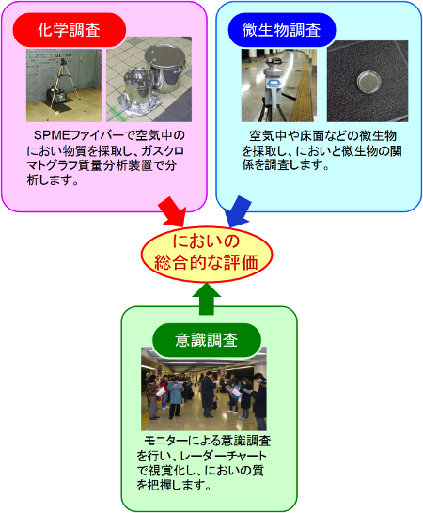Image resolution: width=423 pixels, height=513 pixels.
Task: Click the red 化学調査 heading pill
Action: click(69, 30)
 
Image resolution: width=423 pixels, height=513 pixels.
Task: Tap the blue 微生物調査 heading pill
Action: click(282, 30)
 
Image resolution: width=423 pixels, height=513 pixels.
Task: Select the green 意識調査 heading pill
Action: click(207, 340)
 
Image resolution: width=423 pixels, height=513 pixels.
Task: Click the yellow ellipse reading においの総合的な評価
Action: click(207, 254)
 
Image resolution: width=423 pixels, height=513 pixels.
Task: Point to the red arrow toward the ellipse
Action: click(172, 212)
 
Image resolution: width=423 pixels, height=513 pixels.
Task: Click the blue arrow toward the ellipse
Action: click(238, 212)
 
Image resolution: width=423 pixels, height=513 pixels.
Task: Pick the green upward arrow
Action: click(207, 299)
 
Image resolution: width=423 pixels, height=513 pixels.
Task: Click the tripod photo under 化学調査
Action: click(64, 85)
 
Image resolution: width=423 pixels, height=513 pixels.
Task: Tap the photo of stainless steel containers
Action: click(149, 80)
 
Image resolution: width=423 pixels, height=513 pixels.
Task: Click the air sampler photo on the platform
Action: click(279, 85)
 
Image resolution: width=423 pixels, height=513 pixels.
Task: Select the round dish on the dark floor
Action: click(369, 81)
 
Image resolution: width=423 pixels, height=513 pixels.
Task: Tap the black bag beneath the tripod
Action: click(57, 95)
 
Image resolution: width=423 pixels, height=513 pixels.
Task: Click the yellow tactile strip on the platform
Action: click(303, 88)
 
